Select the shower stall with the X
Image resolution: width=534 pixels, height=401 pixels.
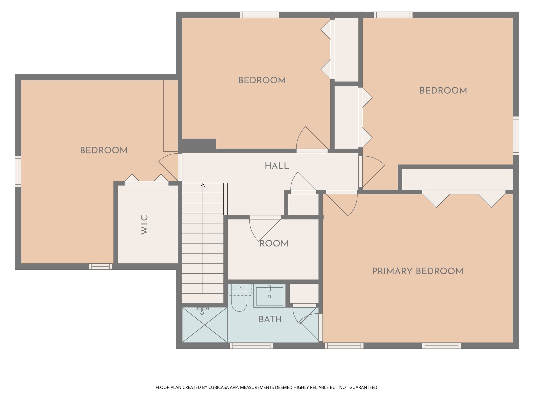click(x=205, y=325)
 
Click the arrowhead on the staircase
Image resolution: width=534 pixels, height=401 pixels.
click(x=203, y=186)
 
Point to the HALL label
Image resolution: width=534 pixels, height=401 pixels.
click(x=277, y=166)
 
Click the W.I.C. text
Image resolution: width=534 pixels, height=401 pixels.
click(x=144, y=224)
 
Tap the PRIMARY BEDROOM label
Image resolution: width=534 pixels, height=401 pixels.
click(x=417, y=271)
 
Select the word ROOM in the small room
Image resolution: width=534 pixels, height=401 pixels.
click(x=274, y=244)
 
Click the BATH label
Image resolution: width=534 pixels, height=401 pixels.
click(x=270, y=319)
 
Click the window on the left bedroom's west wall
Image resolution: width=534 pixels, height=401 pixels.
click(x=18, y=172)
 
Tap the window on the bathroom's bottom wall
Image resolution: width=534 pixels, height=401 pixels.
click(x=251, y=346)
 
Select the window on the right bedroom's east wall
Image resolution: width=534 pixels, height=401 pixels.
click(x=516, y=136)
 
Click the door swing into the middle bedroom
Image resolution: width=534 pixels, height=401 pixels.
click(x=310, y=140)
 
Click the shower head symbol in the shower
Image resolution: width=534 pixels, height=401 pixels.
click(x=202, y=311)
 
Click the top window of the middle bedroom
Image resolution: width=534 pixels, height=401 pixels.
click(x=259, y=15)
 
